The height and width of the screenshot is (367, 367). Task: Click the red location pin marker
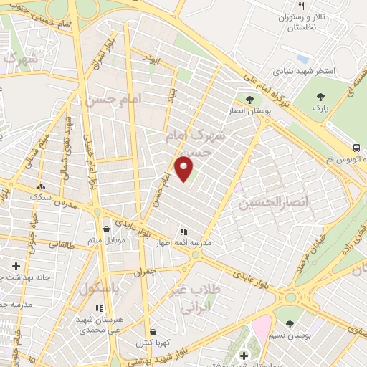(185, 169)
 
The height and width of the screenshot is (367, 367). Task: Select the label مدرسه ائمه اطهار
(183, 244)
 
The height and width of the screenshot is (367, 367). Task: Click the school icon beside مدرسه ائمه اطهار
(183, 232)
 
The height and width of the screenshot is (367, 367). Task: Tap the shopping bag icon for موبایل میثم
(107, 229)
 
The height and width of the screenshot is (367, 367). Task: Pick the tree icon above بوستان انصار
(249, 100)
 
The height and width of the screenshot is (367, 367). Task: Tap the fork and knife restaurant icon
(302, 6)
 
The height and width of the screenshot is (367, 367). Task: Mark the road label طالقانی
(62, 246)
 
